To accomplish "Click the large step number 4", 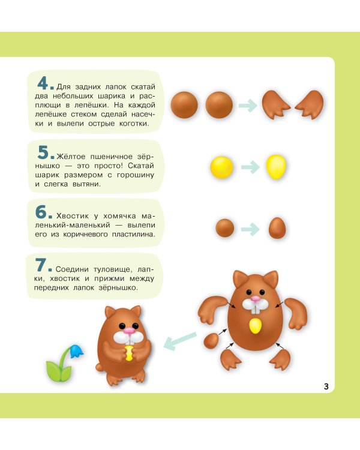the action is pos(43,83).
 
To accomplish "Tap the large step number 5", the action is pos(43,152).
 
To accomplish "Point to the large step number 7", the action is pos(41,265).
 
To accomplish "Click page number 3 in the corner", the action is pos(326,386).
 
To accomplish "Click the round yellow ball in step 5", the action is pos(221,167).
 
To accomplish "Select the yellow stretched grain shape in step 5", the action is pos(276,167).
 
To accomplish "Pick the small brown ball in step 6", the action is pos(225,228).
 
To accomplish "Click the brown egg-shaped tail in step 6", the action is pos(277,228).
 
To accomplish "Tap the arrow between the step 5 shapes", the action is pos(251,167).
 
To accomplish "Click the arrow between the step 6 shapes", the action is pos(251,229).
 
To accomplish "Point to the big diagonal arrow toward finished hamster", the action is pos(180,340).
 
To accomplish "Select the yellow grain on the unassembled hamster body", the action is pos(255,326).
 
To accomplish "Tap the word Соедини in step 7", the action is pos(73,269).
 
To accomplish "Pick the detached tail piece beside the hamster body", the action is pos(211,341).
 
